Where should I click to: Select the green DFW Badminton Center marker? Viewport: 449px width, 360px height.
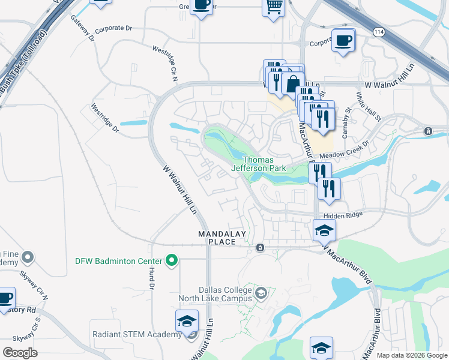point(172,260)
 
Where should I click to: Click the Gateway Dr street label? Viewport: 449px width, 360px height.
point(82,29)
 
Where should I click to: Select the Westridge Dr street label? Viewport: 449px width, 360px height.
point(104,118)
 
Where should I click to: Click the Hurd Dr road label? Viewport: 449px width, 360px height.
point(152,278)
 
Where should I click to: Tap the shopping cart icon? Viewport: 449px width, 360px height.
point(274,7)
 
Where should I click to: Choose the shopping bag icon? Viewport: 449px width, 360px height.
point(293,83)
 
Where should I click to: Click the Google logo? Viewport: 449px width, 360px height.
point(20,353)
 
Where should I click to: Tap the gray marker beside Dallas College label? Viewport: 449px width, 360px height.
point(261,294)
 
